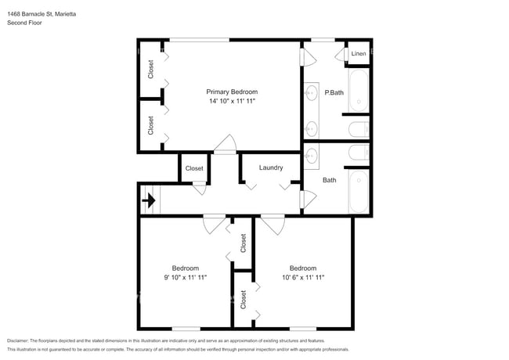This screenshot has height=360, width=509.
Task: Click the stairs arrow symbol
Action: pyautogui.click(x=149, y=200)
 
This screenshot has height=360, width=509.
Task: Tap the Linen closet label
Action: pyautogui.click(x=359, y=53)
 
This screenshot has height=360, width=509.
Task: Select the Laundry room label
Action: pyautogui.click(x=271, y=167)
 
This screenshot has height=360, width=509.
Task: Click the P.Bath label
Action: pyautogui.click(x=334, y=92)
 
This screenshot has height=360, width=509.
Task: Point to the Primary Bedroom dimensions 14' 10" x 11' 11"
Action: pyautogui.click(x=232, y=101)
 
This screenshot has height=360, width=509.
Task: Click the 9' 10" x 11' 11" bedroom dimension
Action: pyautogui.click(x=186, y=277)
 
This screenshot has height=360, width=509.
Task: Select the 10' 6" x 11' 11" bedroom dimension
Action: pyautogui.click(x=303, y=277)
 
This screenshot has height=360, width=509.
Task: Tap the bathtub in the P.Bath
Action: pyautogui.click(x=359, y=91)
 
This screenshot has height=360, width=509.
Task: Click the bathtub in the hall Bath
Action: pyautogui.click(x=359, y=192)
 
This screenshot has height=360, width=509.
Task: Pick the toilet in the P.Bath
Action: pyautogui.click(x=359, y=130)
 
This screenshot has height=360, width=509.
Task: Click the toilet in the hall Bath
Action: pyautogui.click(x=359, y=152)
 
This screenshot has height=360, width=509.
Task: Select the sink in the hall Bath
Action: pyautogui.click(x=312, y=156)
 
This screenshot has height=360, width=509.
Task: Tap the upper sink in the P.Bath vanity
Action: pyautogui.click(x=312, y=93)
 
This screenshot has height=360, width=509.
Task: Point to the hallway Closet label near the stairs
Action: pyautogui.click(x=194, y=168)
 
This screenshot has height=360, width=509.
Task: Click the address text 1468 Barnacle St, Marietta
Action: pyautogui.click(x=42, y=14)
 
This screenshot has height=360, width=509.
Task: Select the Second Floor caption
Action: pyautogui.click(x=24, y=23)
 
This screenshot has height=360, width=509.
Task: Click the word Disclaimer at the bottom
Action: pyautogui.click(x=18, y=340)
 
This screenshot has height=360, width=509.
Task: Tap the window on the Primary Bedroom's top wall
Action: pyautogui.click(x=200, y=40)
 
